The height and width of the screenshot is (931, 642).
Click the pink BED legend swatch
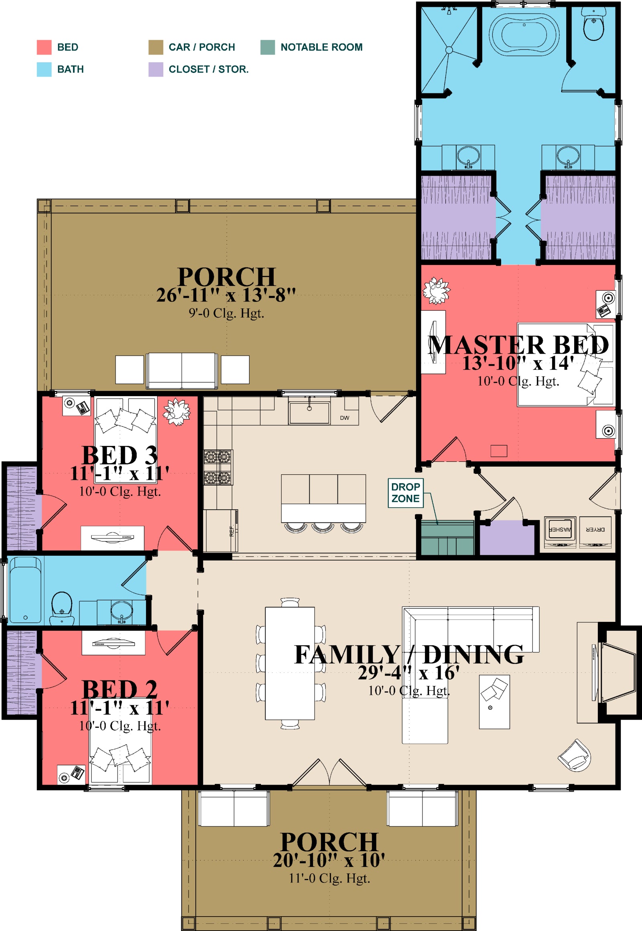[44, 47]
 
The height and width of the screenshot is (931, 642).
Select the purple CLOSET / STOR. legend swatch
[156, 69]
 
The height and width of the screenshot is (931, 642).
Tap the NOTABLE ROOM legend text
[321, 47]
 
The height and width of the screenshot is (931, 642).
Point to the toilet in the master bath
[594, 24]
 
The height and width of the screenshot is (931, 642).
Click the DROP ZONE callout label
[406, 492]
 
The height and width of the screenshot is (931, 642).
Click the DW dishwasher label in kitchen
[345, 418]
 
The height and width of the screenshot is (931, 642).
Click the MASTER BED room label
[518, 345]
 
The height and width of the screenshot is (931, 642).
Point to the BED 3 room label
[120, 455]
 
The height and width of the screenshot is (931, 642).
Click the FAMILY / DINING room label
[409, 654]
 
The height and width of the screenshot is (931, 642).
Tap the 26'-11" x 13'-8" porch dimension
[226, 295]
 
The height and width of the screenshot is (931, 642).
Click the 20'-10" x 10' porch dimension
[329, 860]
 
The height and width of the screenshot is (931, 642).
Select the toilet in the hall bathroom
[62, 607]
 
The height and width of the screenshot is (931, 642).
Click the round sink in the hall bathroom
[122, 611]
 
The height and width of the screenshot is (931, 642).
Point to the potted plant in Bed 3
[177, 412]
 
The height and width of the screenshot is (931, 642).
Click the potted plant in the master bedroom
[437, 291]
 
